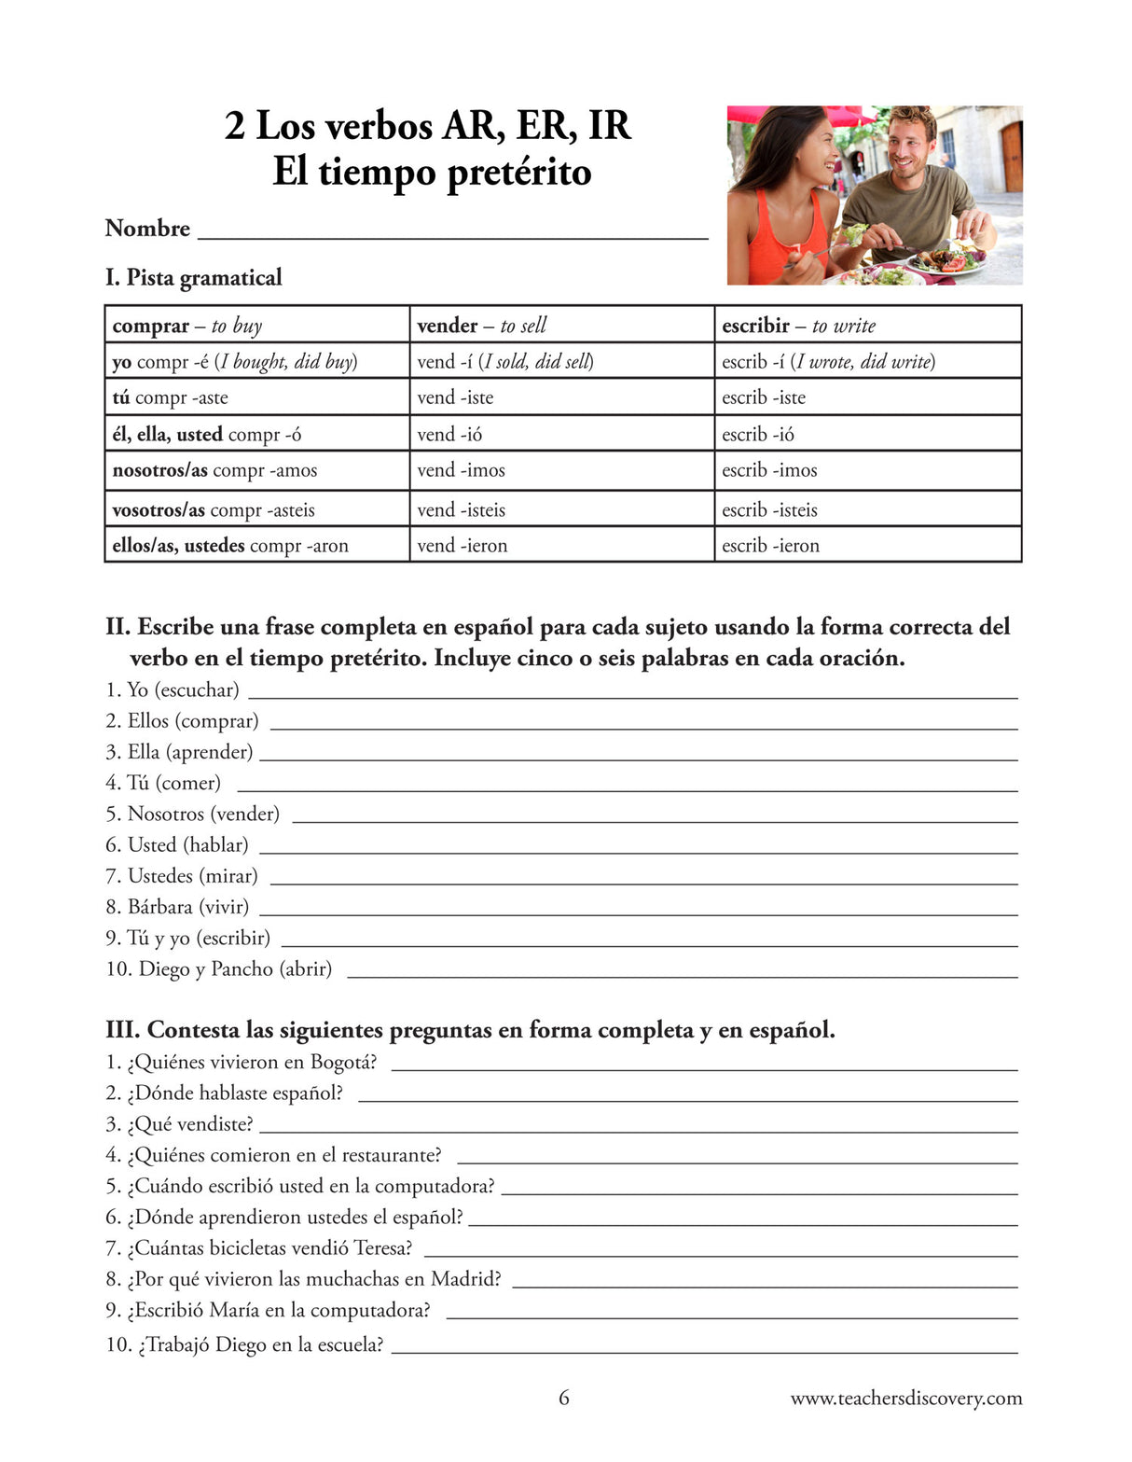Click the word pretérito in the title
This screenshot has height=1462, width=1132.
(x=518, y=173)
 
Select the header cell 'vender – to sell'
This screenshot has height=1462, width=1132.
(x=561, y=326)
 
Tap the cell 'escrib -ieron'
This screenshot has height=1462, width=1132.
(x=867, y=545)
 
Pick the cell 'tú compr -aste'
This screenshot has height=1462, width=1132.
(x=256, y=397)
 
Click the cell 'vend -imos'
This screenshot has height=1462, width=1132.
(x=561, y=470)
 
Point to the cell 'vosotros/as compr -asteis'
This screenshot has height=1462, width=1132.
(x=256, y=509)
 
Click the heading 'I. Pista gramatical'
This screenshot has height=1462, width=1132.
(x=193, y=277)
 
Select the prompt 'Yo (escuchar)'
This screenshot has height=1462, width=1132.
(x=173, y=689)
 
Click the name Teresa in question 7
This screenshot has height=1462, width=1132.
(x=382, y=1247)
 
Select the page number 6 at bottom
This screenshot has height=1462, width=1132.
(x=563, y=1398)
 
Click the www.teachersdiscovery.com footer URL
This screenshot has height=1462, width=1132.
(x=905, y=1398)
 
